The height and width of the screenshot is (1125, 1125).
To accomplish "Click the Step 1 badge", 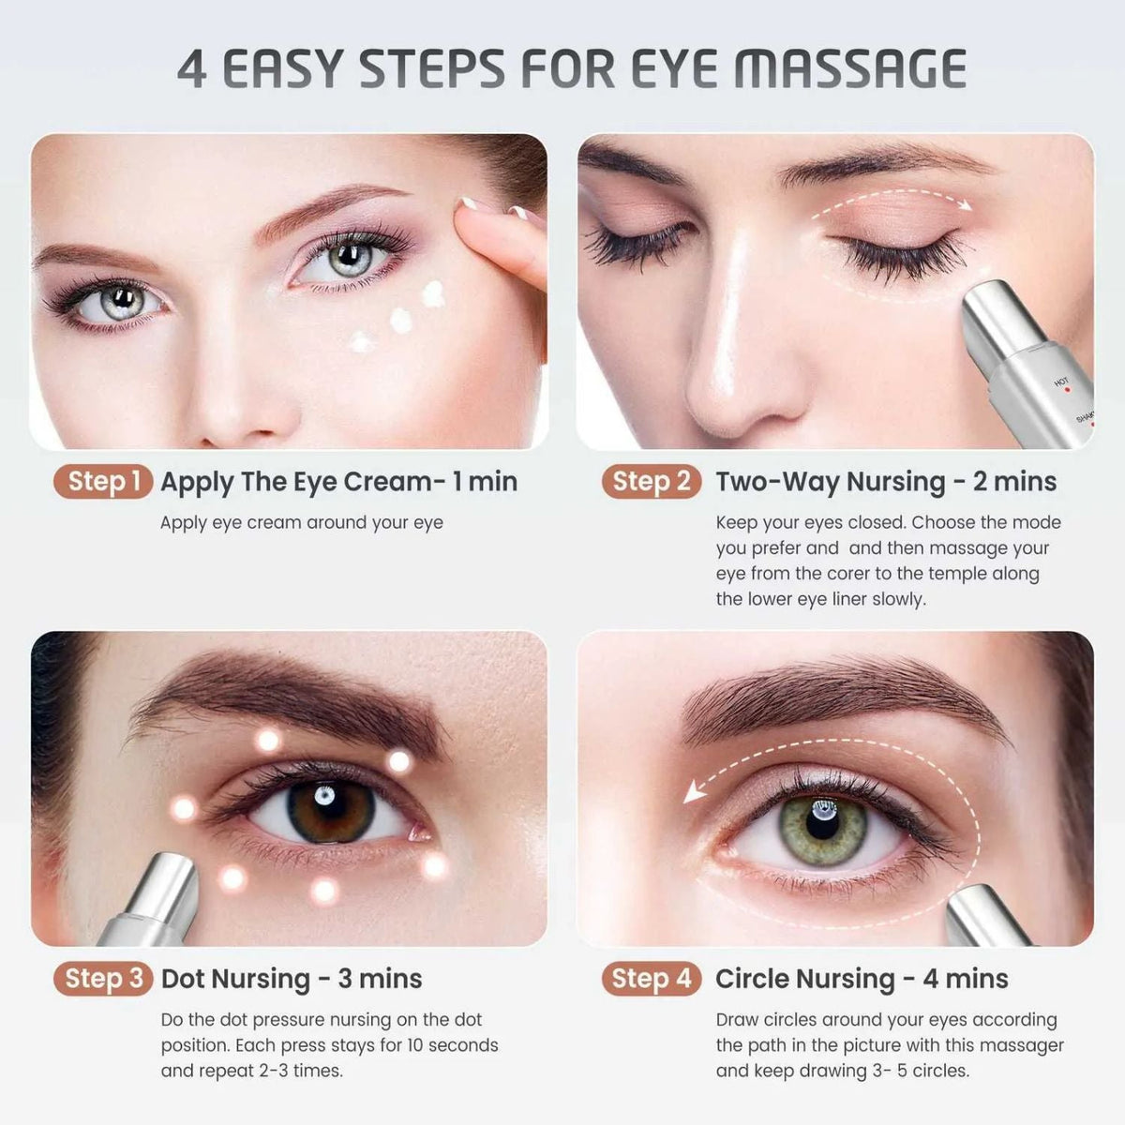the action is click(103, 482).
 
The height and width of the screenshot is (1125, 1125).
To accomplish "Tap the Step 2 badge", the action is click(652, 482).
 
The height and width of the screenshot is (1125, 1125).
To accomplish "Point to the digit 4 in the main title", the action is click(191, 69).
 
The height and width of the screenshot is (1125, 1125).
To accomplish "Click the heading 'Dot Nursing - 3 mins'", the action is click(292, 979).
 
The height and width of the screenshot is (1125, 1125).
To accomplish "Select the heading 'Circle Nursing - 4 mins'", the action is click(862, 979).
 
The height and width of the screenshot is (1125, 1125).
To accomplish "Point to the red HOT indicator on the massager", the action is click(1067, 389).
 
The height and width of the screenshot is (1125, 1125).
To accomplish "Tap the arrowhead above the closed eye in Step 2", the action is click(966, 205).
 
